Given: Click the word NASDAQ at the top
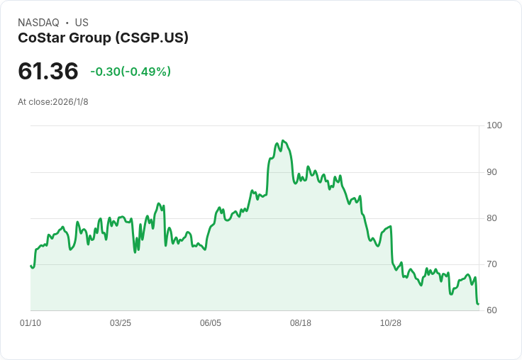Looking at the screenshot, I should pos(38,23).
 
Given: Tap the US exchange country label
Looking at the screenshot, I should pos(82,23).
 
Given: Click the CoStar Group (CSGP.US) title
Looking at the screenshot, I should pos(103,38).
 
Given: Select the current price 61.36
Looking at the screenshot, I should pos(48,72).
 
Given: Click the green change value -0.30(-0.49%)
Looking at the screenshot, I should pos(130,72).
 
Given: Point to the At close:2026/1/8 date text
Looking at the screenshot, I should pos(53,101).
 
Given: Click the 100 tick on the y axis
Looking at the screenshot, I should pos(494,125).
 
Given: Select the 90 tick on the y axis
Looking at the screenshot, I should pos(492,172).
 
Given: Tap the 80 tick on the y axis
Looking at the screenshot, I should pos(492,218).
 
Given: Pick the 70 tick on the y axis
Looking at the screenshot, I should pos(492,264).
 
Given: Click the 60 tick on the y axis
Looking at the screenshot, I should pos(492,310).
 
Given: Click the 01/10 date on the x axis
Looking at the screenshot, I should pos(30,323).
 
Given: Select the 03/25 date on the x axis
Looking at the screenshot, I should pos(121,323).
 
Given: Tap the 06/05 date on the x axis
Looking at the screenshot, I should pos(211,323).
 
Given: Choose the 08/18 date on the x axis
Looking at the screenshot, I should pos(301,323).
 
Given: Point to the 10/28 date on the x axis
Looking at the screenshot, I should pos(391,323).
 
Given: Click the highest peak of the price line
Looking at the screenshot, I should pos(282,141).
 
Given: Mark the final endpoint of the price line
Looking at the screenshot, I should pos(479,304).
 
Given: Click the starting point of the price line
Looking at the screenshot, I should pos(31,266).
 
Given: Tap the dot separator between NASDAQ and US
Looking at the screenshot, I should pos(67,23).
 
